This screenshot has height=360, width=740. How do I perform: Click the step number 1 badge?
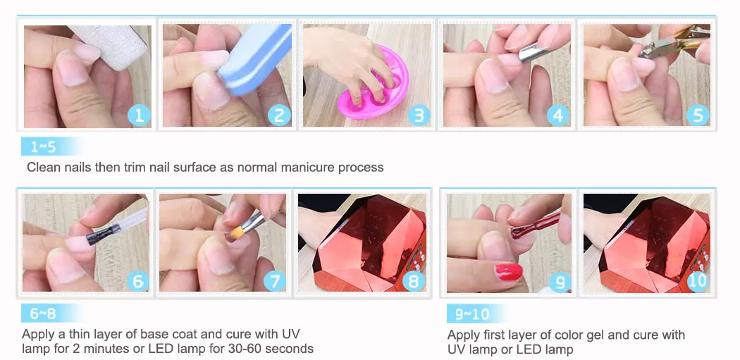pos(140,115)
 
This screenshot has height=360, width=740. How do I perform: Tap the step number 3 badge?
pos(419,115)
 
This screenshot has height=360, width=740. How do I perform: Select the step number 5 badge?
pos(698,115)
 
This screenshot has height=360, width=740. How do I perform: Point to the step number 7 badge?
pos(275,282)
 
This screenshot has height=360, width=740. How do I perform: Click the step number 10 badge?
pos(697,281)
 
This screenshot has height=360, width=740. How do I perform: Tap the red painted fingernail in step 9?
pos(509,272)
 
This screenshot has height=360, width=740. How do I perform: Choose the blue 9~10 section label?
pos(474,314)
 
